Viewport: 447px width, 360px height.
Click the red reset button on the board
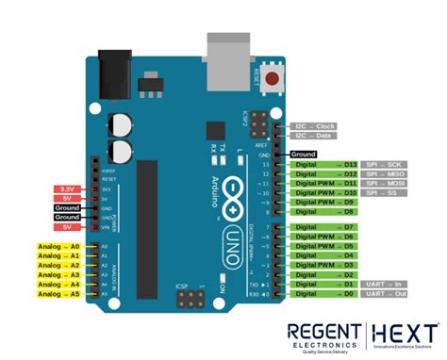pos(273,78)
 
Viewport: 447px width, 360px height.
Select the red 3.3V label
pos(68,189)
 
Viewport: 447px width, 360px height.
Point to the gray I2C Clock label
pos(315,125)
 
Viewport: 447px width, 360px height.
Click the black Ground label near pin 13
pos(303,154)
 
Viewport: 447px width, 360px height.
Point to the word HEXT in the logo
pos(406,333)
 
